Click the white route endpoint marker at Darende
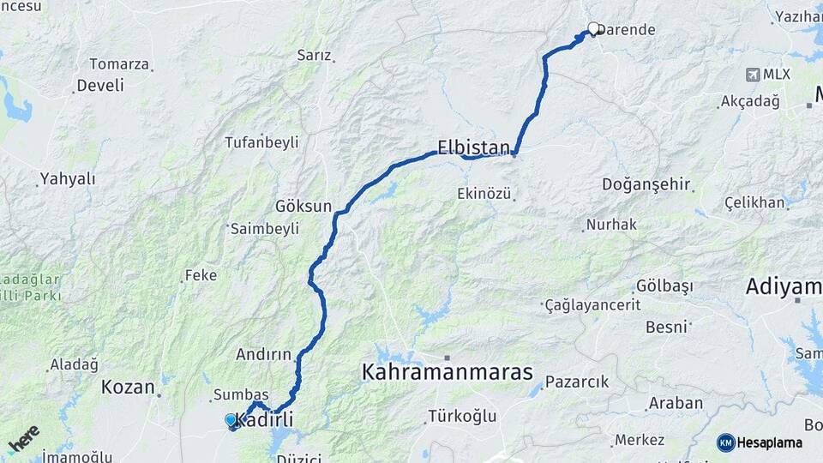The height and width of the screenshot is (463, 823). (592, 28)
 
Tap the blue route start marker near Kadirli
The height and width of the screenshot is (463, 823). (231, 420)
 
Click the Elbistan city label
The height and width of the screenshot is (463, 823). (473, 147)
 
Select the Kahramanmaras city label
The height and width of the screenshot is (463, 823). (447, 373)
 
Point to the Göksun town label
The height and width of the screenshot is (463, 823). (303, 207)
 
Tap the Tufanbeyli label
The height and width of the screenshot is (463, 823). (261, 142)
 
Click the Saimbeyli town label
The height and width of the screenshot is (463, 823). (265, 229)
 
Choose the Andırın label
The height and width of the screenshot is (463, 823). (263, 354)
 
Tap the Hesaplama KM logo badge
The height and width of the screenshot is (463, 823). (726, 442)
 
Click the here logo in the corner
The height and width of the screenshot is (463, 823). (24, 439)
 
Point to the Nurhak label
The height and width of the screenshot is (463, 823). (612, 225)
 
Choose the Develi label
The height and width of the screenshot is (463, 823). (99, 86)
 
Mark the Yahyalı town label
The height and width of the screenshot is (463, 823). (67, 180)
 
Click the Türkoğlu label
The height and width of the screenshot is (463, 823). (463, 417)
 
